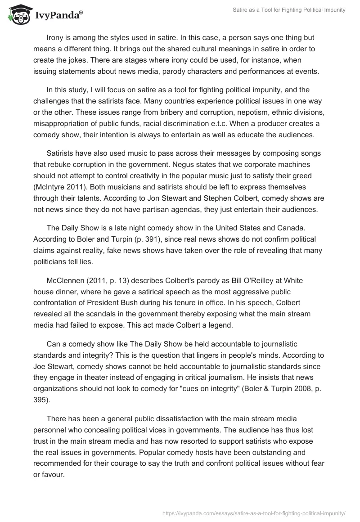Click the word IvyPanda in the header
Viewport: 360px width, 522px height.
[x=58, y=16]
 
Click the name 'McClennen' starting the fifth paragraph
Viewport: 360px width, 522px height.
[x=67, y=280]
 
